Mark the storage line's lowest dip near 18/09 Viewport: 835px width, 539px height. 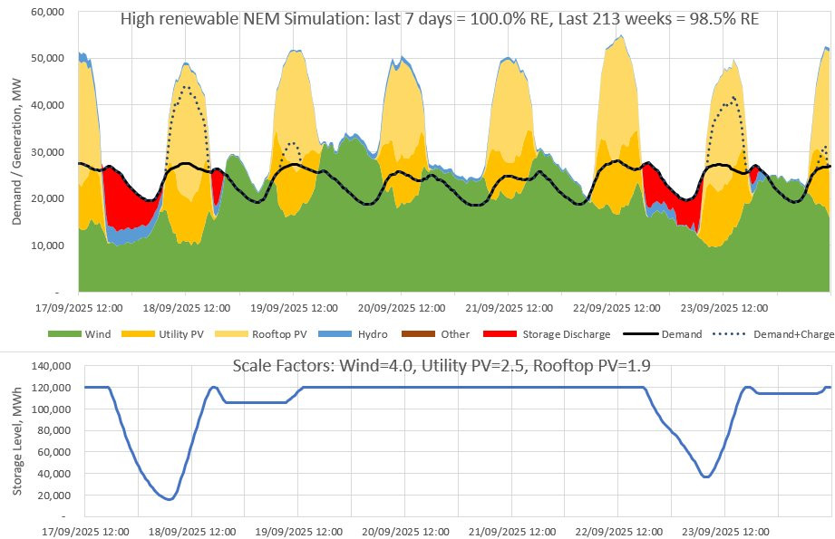pyautogui.click(x=168, y=499)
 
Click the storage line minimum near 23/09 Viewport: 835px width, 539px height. pyautogui.click(x=706, y=477)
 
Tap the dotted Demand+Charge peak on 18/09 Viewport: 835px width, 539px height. pyautogui.click(x=185, y=87)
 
